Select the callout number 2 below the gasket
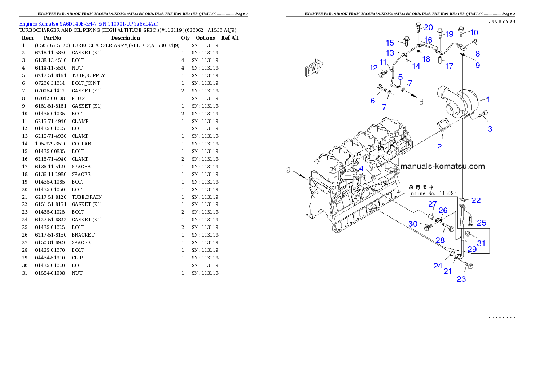439,146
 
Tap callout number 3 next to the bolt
490,129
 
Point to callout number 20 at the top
428,27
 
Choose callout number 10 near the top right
474,32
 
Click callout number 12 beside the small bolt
373,68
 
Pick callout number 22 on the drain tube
476,200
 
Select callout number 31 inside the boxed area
481,243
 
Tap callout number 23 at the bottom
461,279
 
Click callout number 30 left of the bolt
413,224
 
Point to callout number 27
432,204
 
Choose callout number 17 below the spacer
450,66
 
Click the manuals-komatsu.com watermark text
442,166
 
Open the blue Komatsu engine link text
88,24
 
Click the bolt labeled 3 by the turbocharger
483,115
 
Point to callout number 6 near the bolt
372,101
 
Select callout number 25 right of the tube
481,223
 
